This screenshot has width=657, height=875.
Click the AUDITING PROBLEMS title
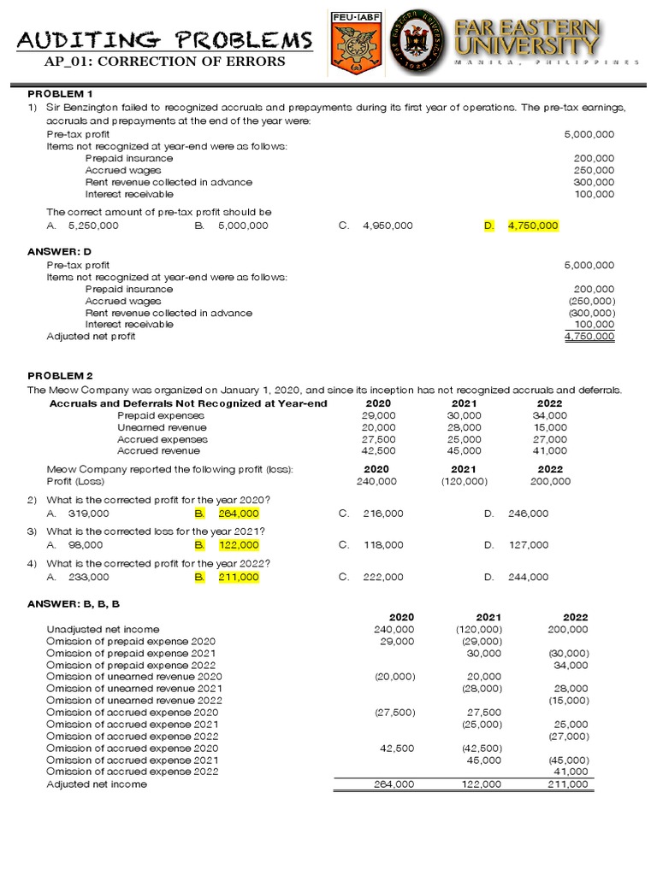point(165,39)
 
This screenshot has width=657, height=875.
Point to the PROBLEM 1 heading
point(60,93)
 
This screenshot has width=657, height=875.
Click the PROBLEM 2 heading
point(60,376)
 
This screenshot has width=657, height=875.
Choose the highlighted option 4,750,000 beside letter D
point(532,226)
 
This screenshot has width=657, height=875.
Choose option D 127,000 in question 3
point(528,545)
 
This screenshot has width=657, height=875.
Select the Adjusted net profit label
point(91,337)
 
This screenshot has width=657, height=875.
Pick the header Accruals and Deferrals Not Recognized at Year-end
point(188,403)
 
